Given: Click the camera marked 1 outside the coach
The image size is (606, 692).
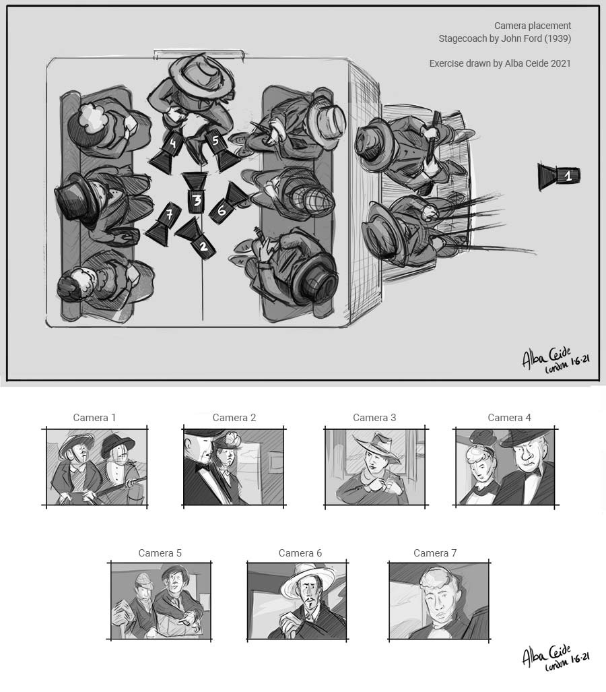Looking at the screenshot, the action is point(559,177).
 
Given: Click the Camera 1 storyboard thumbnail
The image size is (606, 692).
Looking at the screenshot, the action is point(96,468).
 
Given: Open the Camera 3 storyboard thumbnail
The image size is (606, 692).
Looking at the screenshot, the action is point(375,468).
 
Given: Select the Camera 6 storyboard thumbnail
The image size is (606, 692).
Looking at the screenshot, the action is point(297,601).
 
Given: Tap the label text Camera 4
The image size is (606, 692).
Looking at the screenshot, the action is point(509,418).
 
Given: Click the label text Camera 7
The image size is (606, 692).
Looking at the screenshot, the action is point(435,553).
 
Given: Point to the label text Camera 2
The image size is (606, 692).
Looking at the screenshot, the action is point(234,418).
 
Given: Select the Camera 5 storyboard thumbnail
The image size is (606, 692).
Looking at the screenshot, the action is point(160,601).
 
